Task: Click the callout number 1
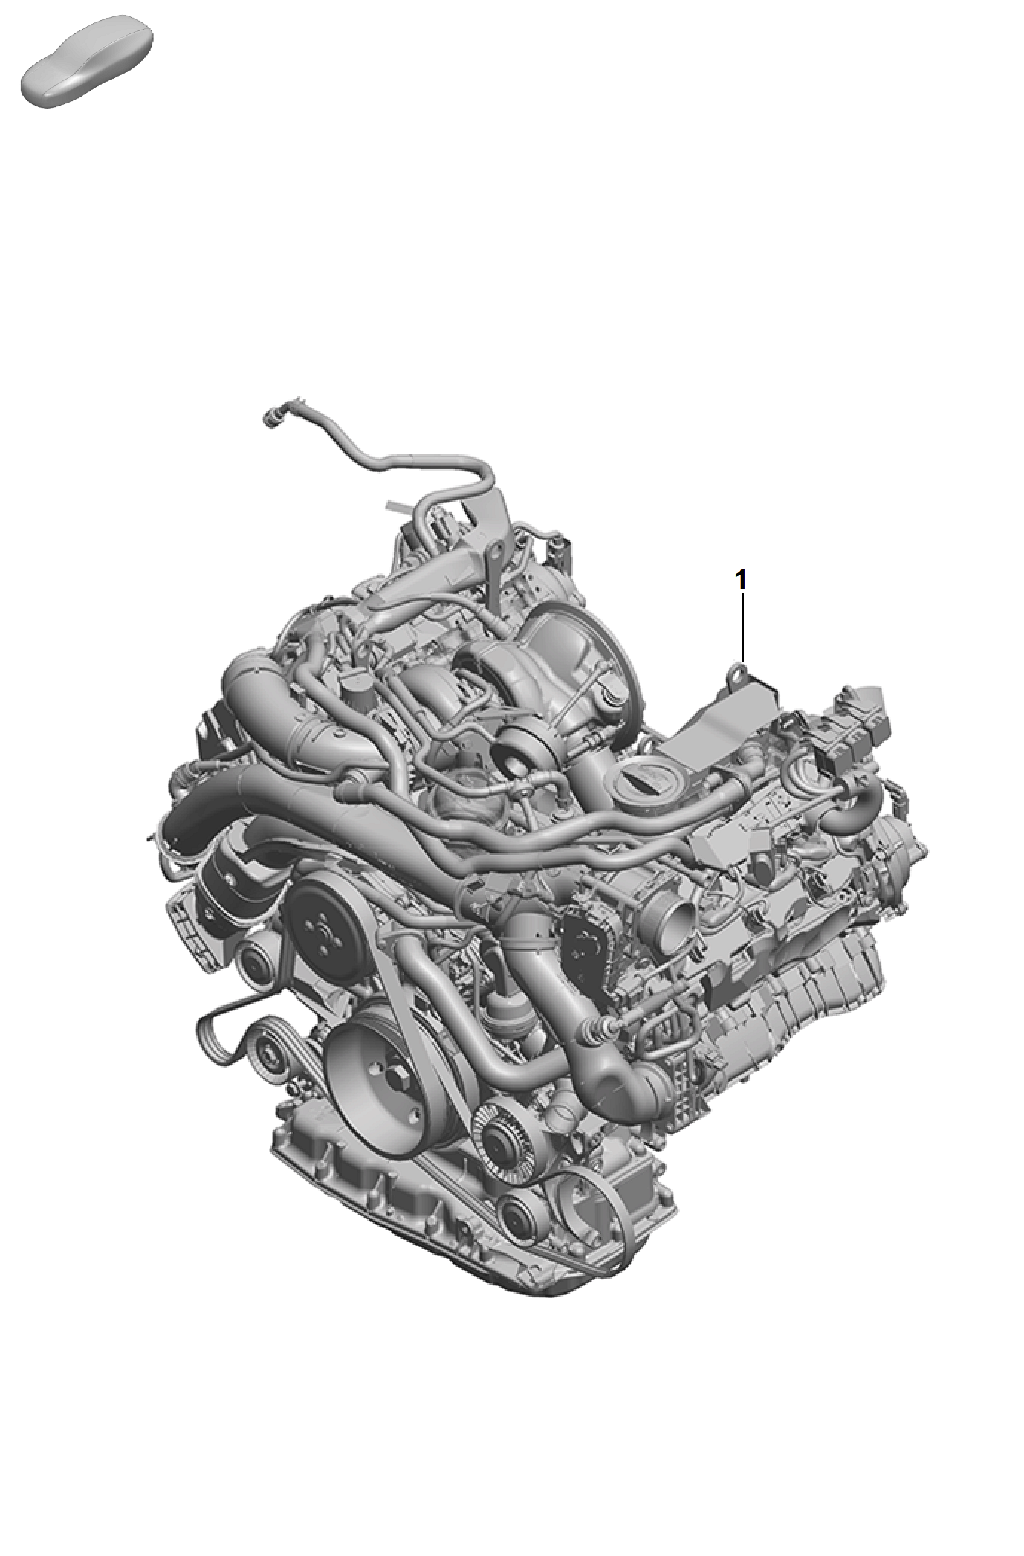click(740, 580)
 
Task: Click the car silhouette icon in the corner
click(87, 60)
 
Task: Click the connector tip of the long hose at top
click(271, 419)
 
